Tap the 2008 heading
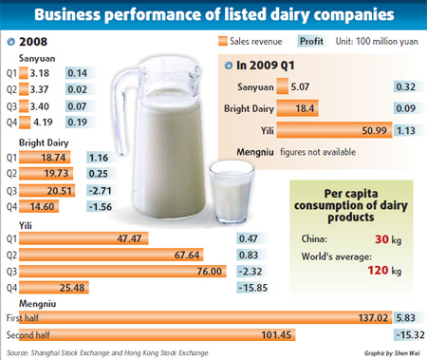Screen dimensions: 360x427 32,42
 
